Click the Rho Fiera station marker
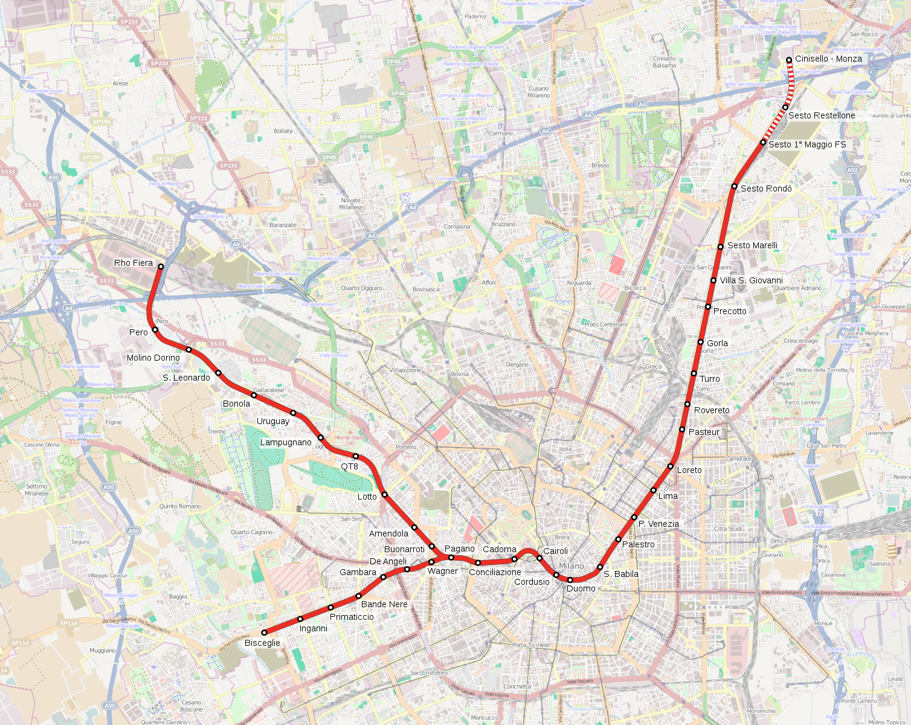tap(161, 266)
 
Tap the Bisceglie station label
tap(262, 643)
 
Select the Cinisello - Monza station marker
tap(789, 60)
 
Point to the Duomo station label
tap(581, 588)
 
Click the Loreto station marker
tap(671, 466)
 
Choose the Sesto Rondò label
tap(766, 188)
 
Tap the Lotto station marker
tap(385, 494)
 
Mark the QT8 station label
tap(349, 466)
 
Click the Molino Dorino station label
tap(153, 358)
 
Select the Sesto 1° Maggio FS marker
tap(764, 143)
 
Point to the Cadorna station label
tap(500, 549)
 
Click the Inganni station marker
tap(300, 619)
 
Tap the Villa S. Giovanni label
tap(751, 280)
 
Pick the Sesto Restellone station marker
tap(785, 107)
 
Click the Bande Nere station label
tap(384, 604)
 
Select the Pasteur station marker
tap(682, 430)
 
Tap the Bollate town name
tap(283, 131)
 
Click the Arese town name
tap(120, 83)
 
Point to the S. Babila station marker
tap(600, 567)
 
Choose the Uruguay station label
tap(273, 421)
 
